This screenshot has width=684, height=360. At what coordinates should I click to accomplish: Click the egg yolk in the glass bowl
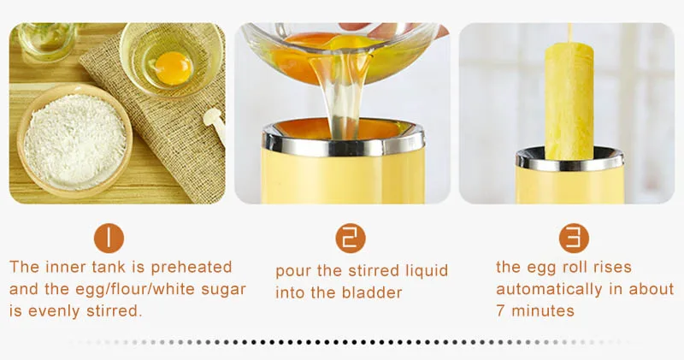[x=174, y=68]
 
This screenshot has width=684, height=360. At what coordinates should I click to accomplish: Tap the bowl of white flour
[x=74, y=140]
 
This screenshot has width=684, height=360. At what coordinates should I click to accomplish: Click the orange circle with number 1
[x=109, y=239]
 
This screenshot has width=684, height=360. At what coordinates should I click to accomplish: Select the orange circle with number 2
[x=351, y=239]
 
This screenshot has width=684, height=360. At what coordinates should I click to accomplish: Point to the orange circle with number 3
[x=574, y=239]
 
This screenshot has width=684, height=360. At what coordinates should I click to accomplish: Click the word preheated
[x=191, y=268]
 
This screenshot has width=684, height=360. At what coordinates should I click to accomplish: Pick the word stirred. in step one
[x=115, y=311]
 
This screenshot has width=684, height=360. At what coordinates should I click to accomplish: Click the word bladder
[x=372, y=292]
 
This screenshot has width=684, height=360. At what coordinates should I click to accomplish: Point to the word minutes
[x=543, y=311]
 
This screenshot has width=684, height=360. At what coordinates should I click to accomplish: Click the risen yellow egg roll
[x=569, y=101]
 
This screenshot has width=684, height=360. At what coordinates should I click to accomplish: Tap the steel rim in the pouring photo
[x=344, y=139]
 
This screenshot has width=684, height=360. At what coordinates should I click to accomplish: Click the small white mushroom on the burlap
[x=215, y=123]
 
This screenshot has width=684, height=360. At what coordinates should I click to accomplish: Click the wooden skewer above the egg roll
[x=569, y=32]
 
